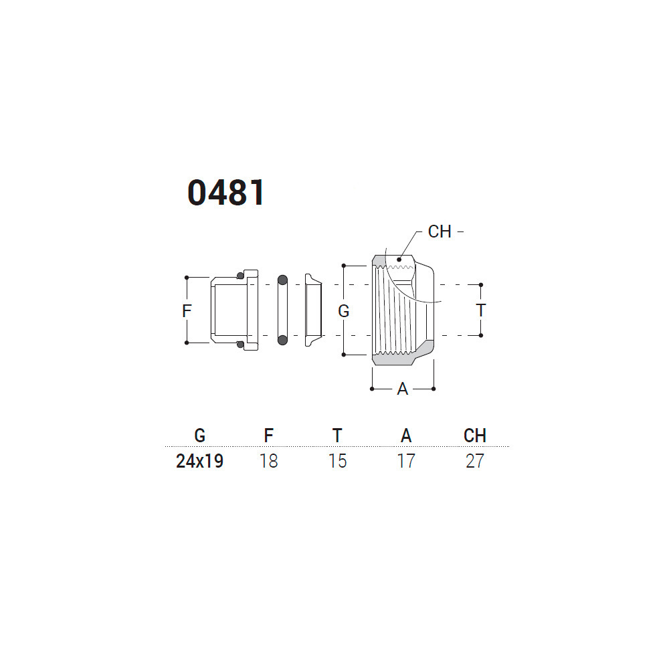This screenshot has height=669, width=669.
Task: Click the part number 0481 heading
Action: pos(226,193)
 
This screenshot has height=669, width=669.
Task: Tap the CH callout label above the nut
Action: pos(440,231)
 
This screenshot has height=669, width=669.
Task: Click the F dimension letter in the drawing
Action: pos(187,310)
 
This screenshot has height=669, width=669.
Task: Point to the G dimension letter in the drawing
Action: pos(343,311)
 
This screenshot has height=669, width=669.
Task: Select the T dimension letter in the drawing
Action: pos(481,310)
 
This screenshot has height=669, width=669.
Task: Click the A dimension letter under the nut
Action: pos(402,389)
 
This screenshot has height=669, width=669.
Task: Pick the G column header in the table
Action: pos(199,436)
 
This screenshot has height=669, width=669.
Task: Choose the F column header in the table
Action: pos(268,436)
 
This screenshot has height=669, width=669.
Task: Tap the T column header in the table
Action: pos(337,436)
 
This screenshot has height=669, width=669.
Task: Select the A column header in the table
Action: pos(406,436)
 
